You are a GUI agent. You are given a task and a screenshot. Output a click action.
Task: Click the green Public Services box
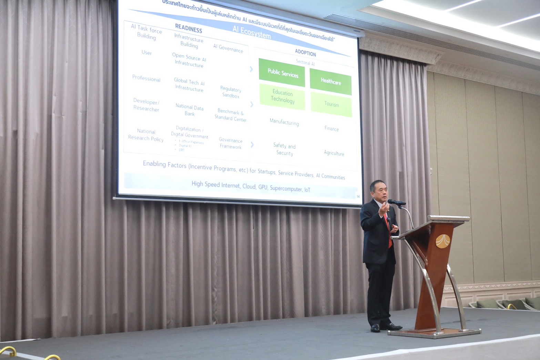pyautogui.click(x=282, y=73)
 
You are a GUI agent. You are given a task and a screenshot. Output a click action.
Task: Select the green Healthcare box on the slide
pyautogui.click(x=330, y=81)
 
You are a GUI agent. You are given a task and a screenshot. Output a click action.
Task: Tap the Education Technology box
pyautogui.click(x=282, y=97)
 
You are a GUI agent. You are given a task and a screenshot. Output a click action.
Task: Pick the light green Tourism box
pyautogui.click(x=331, y=104)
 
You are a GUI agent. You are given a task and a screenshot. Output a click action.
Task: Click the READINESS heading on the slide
pyautogui.click(x=189, y=28)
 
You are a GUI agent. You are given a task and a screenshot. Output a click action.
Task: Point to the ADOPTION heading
pyautogui.click(x=305, y=53)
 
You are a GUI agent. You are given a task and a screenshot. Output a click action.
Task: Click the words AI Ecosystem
pyautogui.click(x=252, y=32)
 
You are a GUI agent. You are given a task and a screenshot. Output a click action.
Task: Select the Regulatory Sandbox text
pyautogui.click(x=231, y=92)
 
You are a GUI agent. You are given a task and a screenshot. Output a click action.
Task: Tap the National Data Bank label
pyautogui.click(x=190, y=110)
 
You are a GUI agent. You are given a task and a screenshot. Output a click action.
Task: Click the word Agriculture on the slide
pyautogui.click(x=334, y=153)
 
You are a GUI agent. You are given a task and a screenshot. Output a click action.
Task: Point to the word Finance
pyautogui.click(x=332, y=128)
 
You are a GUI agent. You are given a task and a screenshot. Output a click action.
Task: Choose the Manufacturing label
pyautogui.click(x=284, y=122)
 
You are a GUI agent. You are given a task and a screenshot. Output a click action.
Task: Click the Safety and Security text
pyautogui.click(x=285, y=149)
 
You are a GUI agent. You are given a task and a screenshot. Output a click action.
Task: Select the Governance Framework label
pyautogui.click(x=231, y=143)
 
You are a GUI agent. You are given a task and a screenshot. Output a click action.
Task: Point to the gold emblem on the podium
pyautogui.click(x=443, y=241)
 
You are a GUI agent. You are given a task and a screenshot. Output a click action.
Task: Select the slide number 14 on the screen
pyautogui.click(x=358, y=196)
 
